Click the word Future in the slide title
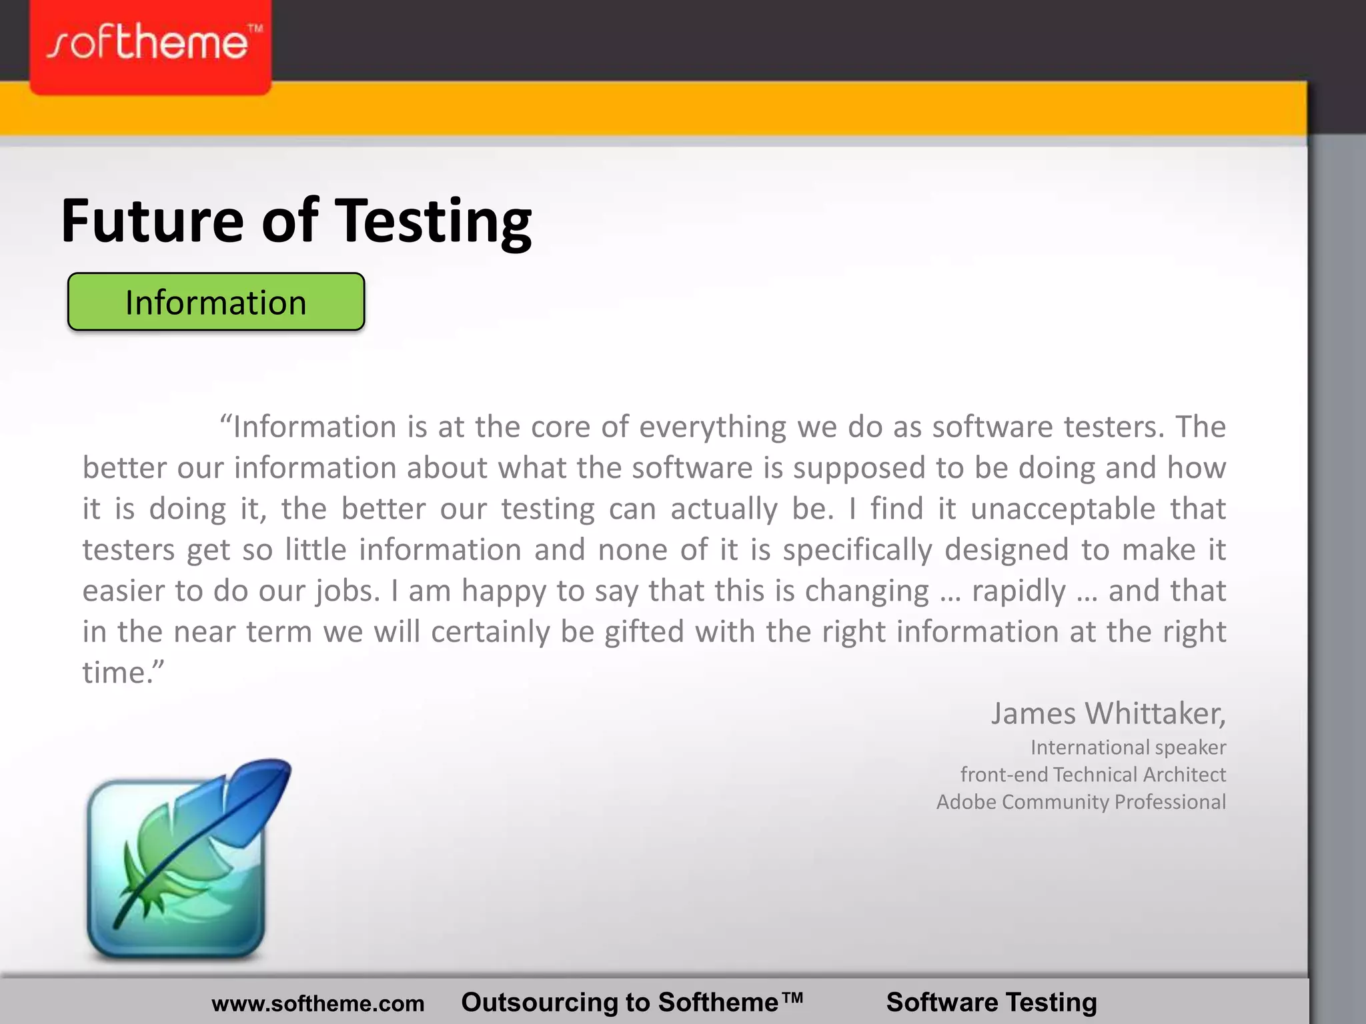coord(152,221)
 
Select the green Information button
coord(216,302)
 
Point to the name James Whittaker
coord(1107,713)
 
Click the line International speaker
coord(1128,747)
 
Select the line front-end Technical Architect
coord(1093,775)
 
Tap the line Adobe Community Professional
coord(1081,802)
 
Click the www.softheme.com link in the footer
coord(317,1003)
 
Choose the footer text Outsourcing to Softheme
coord(632,1002)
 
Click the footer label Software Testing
coord(991,1002)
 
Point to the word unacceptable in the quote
coord(1063,509)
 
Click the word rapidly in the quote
coord(1018,591)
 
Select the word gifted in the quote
coord(644,632)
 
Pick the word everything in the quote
coord(712,427)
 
